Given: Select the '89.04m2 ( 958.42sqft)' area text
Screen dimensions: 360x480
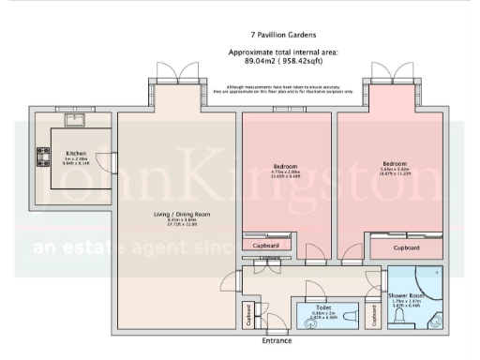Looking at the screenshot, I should (283, 62).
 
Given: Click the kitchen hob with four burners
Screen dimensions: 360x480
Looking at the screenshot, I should (43, 157).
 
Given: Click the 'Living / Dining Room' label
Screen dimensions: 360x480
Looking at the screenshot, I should (176, 214).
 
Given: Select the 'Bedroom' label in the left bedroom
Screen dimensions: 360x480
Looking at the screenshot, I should (285, 165).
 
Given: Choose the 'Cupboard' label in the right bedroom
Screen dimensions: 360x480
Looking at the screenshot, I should (406, 247).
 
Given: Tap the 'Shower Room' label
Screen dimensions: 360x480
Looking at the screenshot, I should (407, 295).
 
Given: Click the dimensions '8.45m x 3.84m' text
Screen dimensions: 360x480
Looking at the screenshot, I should (176, 220).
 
